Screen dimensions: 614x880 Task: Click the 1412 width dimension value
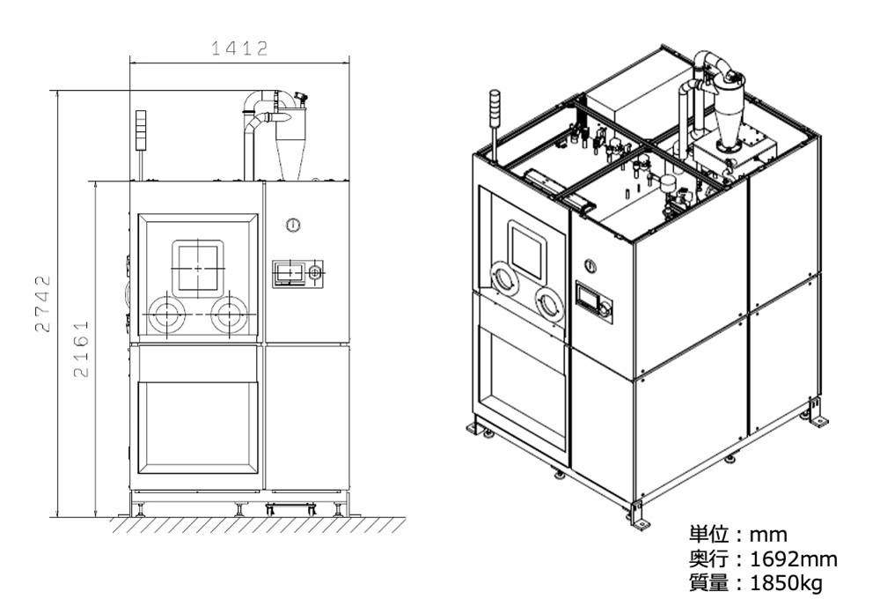(239, 49)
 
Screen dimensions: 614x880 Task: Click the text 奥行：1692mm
(762, 559)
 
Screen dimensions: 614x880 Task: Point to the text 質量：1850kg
(757, 582)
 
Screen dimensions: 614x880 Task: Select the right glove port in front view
(230, 314)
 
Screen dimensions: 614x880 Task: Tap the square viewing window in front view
(197, 268)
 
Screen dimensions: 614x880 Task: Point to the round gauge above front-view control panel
(293, 226)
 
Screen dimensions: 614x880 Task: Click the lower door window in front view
(197, 426)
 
